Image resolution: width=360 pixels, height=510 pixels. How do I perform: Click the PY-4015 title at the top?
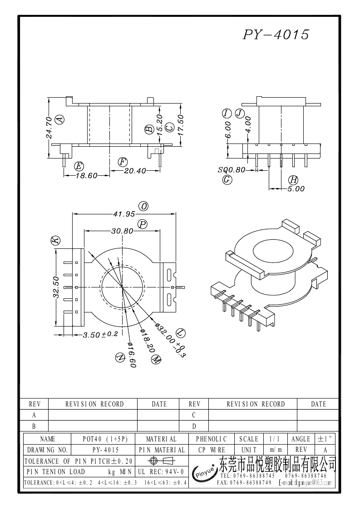coord(276,35)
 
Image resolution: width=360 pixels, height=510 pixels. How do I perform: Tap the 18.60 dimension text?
coord(87,175)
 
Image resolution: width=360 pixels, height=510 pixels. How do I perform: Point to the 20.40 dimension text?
coord(135,171)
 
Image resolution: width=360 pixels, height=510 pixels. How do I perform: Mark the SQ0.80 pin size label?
coord(232,170)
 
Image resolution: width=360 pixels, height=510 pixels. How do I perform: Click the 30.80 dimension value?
coord(122,231)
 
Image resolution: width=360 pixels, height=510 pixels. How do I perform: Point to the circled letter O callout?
coord(144,207)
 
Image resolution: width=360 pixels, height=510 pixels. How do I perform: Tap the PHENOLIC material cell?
coord(211,439)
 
